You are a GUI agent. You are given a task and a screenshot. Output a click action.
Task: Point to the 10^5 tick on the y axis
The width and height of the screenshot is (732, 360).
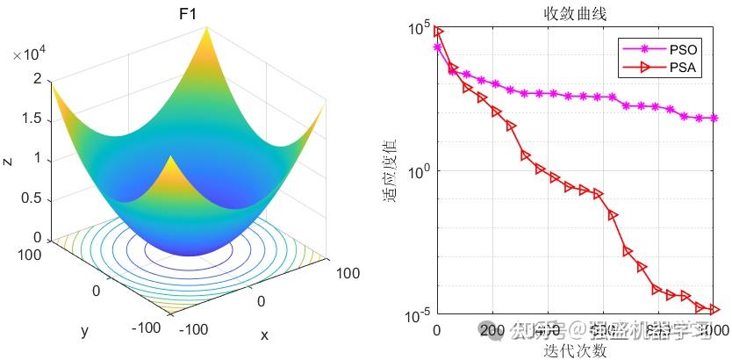[x=418, y=28]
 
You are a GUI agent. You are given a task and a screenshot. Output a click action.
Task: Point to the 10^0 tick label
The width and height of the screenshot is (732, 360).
[x=418, y=171]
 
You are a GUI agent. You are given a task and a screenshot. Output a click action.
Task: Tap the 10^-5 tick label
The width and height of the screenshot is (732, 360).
[x=416, y=314]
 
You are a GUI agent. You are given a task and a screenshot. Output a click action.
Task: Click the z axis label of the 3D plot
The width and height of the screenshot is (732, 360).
[x=7, y=159]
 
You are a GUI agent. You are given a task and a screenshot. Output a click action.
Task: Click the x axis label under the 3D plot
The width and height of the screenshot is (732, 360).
[x=264, y=335]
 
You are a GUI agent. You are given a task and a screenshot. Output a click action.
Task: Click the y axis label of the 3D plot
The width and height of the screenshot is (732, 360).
[x=85, y=331]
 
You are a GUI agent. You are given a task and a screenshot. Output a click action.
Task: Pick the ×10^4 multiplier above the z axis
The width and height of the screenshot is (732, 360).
[x=30, y=54]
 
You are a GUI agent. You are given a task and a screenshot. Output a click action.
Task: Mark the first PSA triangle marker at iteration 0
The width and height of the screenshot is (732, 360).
[x=439, y=32]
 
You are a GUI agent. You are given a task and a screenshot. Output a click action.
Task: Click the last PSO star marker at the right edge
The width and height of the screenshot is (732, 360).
[x=714, y=118]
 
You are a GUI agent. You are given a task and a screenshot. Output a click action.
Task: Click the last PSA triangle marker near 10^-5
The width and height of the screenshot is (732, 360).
[x=714, y=309]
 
